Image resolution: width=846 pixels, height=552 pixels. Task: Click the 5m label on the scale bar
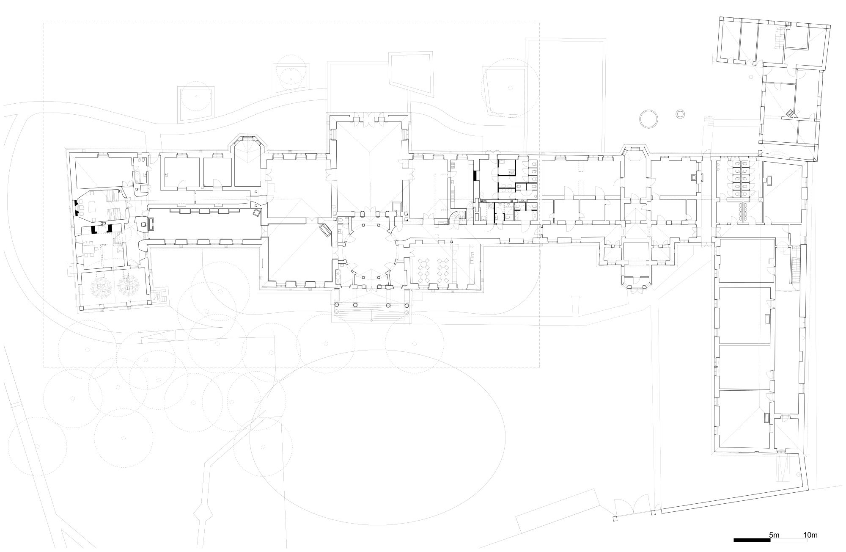point(774,535)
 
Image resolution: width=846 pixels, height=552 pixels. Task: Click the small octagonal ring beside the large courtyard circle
point(680,114)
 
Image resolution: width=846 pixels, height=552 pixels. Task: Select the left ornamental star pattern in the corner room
point(102,286)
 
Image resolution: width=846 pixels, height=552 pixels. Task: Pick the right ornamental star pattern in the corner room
point(129,286)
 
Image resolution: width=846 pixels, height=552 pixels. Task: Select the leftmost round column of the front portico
point(337,305)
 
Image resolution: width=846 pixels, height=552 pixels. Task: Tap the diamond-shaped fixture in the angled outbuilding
point(790,113)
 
